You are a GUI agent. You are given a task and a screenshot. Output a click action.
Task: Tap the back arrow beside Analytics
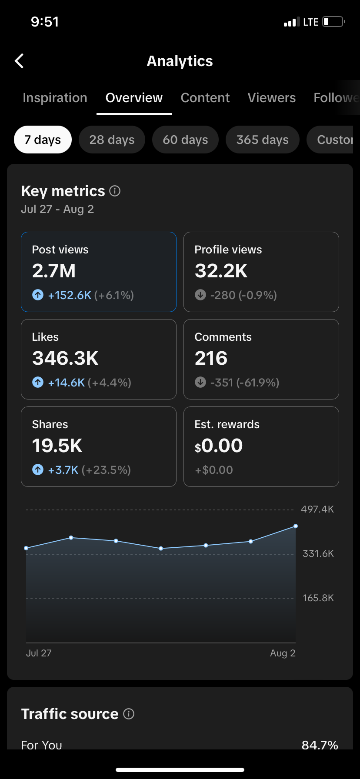[19, 61]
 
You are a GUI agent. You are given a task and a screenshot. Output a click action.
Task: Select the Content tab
[205, 98]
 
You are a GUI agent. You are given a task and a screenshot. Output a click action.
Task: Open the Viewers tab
[272, 98]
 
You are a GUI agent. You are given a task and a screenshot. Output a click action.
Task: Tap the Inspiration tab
[55, 98]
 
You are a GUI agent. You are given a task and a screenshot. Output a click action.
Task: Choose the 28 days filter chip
[112, 140]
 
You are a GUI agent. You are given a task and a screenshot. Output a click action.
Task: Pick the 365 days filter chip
[263, 140]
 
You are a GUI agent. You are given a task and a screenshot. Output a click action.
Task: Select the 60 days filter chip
[185, 140]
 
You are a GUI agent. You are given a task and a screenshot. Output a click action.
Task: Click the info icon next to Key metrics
[115, 191]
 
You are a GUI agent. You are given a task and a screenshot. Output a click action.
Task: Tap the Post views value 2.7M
[54, 271]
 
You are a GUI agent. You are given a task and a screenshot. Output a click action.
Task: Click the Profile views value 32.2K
[221, 271]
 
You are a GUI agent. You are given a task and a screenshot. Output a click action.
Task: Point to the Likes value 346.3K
[65, 358]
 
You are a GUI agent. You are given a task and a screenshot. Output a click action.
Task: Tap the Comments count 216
[211, 358]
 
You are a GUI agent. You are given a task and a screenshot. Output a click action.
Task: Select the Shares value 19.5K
[57, 446]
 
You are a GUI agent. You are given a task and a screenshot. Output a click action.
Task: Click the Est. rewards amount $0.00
[219, 446]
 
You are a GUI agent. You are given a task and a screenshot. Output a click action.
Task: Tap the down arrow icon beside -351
[200, 382]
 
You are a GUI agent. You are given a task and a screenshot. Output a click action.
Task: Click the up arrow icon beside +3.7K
[38, 469]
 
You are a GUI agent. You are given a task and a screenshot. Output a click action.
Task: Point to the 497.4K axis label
[317, 509]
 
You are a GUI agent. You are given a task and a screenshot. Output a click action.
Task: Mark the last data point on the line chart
[296, 526]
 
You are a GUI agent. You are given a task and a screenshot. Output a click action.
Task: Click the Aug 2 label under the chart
[283, 653]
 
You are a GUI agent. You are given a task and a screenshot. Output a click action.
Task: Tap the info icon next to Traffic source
[129, 714]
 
